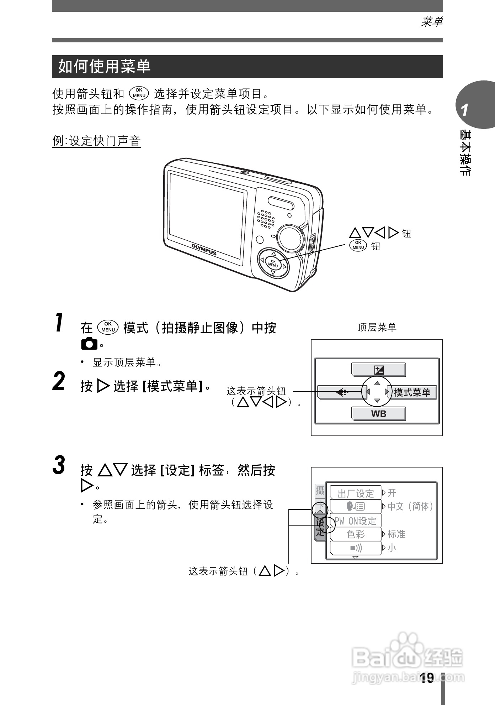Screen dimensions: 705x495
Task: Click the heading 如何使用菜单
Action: [105, 67]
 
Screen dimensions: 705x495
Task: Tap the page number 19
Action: [426, 678]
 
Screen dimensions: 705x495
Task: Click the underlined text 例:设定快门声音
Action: [96, 141]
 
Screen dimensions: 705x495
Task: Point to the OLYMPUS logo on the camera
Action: [204, 249]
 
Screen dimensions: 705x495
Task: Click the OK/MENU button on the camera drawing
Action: [273, 264]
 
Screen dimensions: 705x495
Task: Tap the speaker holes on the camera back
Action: [266, 219]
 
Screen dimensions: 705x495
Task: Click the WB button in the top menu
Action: [378, 414]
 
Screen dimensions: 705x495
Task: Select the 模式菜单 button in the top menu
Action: [412, 392]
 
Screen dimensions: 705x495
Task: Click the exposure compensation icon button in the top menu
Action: [379, 370]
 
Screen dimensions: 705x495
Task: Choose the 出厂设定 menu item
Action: [355, 493]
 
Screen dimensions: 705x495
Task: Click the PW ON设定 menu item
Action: [355, 521]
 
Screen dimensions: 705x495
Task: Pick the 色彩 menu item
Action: [355, 534]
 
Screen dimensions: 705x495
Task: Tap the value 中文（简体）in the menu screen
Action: [410, 506]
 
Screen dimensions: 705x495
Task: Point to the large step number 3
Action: [59, 465]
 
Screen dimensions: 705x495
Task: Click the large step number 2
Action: [59, 381]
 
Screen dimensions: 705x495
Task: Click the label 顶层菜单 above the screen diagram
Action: [377, 327]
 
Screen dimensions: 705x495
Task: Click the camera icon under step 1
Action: [89, 344]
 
